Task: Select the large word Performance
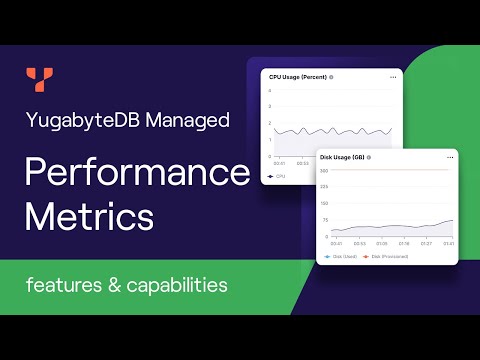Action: pyautogui.click(x=136, y=172)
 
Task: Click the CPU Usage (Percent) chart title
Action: pyautogui.click(x=297, y=77)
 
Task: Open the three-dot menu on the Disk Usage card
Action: pyautogui.click(x=451, y=157)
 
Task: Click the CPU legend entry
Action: pyautogui.click(x=278, y=175)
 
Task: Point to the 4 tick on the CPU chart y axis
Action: pyautogui.click(x=270, y=91)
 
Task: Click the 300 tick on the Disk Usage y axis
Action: pyautogui.click(x=324, y=171)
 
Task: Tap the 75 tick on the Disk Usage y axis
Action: pyautogui.click(x=325, y=220)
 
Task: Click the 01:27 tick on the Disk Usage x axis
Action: pyautogui.click(x=426, y=242)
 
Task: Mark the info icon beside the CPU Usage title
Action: pyautogui.click(x=331, y=77)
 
